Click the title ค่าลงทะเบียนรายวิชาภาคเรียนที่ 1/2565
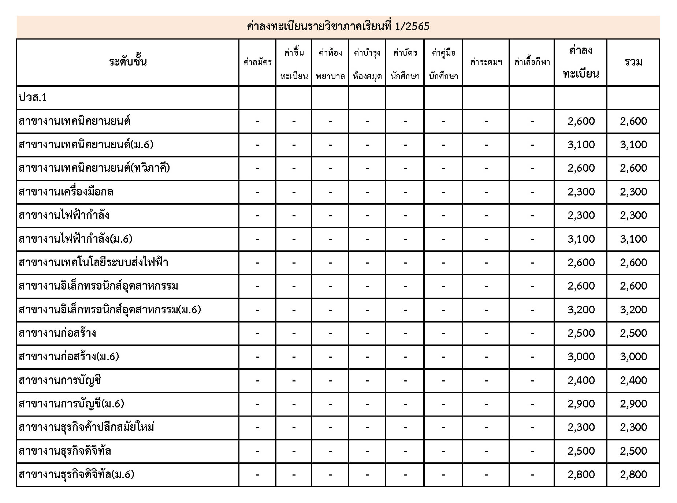pyautogui.click(x=338, y=26)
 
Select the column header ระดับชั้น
pyautogui.click(x=128, y=62)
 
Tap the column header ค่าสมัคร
pyautogui.click(x=257, y=62)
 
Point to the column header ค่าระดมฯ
pyautogui.click(x=486, y=62)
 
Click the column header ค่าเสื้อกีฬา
pyautogui.click(x=532, y=62)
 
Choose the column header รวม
pyautogui.click(x=633, y=62)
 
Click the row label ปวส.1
pyautogui.click(x=33, y=97)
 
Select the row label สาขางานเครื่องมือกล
pyautogui.click(x=66, y=192)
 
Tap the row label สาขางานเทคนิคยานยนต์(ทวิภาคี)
pyautogui.click(x=94, y=168)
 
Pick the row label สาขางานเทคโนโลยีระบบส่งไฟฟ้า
pyautogui.click(x=93, y=262)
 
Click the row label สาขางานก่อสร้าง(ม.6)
pyautogui.click(x=69, y=357)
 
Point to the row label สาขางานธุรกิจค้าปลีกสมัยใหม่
pyautogui.click(x=86, y=427)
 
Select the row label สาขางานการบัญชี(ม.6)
pyautogui.click(x=71, y=404)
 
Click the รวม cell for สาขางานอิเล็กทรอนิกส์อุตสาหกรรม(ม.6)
pyautogui.click(x=633, y=310)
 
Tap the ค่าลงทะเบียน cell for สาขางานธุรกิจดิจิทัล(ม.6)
pyautogui.click(x=581, y=474)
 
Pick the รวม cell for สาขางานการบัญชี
pyautogui.click(x=633, y=380)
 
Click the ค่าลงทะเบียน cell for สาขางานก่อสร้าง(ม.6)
pyautogui.click(x=581, y=357)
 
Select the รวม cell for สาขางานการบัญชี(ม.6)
pyautogui.click(x=633, y=404)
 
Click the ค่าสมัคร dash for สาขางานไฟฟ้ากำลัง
pyautogui.click(x=257, y=216)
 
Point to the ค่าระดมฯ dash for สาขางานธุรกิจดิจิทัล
pyautogui.click(x=486, y=451)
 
